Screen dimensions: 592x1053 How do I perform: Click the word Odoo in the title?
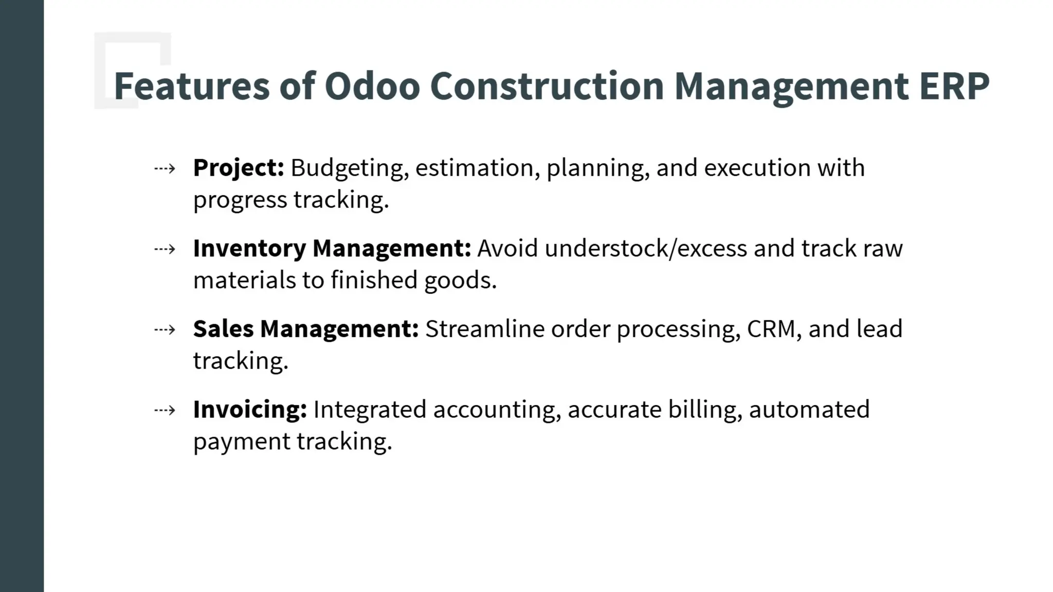[372, 86]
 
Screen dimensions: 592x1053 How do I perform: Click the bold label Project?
[239, 168]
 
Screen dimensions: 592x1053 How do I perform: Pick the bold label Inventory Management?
[332, 249]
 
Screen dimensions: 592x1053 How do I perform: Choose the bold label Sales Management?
[306, 329]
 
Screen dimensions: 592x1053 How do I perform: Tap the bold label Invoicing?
[250, 410]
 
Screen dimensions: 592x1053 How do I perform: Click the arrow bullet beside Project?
[165, 169]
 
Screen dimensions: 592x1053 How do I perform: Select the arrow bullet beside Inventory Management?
[165, 249]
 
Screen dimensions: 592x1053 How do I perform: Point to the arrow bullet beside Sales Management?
[165, 329]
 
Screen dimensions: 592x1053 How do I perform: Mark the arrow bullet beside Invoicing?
[165, 410]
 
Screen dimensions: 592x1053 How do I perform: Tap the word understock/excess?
[646, 249]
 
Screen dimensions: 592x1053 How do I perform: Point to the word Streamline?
[484, 329]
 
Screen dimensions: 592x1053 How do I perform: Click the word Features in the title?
[191, 86]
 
